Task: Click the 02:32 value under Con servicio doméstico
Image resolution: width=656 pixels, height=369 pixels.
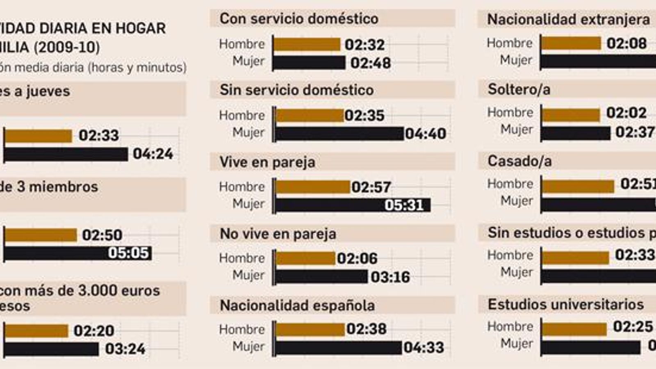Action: [x=364, y=44]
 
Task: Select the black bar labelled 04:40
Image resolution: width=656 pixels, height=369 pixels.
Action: [x=339, y=134]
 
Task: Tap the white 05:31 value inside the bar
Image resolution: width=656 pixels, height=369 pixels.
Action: [x=404, y=205]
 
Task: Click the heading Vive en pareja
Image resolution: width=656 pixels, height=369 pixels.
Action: [x=267, y=162]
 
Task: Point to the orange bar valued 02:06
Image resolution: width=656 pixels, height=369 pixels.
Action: [x=305, y=258]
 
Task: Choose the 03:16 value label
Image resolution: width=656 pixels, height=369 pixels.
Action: [x=390, y=277]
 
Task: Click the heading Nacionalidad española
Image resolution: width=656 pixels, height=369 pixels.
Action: [x=297, y=305]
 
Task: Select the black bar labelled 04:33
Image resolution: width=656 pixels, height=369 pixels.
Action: [x=338, y=348]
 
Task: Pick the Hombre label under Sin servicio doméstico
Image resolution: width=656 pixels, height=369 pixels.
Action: [x=242, y=115]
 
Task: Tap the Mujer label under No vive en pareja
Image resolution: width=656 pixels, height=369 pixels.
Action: [x=248, y=275]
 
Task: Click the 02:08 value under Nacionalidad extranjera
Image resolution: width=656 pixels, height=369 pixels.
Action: [x=626, y=43]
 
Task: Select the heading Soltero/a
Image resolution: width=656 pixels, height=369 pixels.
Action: [x=519, y=89]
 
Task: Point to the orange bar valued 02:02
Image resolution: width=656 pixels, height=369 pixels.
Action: [x=571, y=115]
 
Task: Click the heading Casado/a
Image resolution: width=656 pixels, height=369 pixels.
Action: [x=519, y=161]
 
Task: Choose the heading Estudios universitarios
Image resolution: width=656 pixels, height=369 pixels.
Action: [x=565, y=304]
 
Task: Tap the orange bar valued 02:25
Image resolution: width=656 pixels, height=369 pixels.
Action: [x=574, y=329]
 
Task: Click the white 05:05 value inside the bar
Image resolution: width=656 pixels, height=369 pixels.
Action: [x=128, y=253]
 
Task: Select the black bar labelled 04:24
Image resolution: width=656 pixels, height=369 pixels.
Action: [x=66, y=155]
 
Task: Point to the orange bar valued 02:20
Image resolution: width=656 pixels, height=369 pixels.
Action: [x=36, y=331]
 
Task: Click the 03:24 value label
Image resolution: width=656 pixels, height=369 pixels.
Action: [x=125, y=349]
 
